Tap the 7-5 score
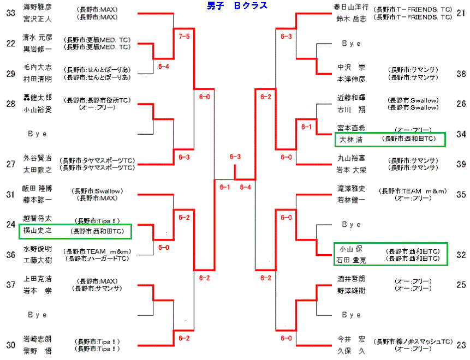(184, 37)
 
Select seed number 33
(10, 11)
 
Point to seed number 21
(461, 11)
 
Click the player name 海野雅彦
(38, 7)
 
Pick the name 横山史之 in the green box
(37, 231)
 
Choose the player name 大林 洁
(351, 140)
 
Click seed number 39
(461, 164)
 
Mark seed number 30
(10, 344)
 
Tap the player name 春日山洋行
(353, 7)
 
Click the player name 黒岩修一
(38, 48)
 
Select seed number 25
(461, 284)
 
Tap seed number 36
(10, 254)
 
